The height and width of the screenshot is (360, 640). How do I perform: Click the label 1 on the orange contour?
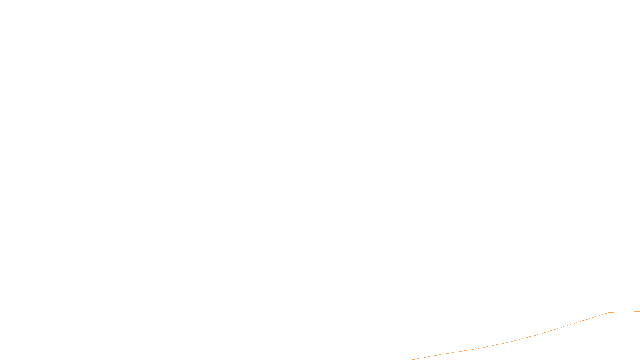(x=476, y=349)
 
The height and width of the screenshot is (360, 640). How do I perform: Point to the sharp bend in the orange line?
(x=608, y=312)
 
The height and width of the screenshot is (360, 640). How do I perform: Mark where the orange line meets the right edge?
(x=639, y=311)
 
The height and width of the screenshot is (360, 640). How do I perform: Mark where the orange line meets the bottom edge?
(x=412, y=359)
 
